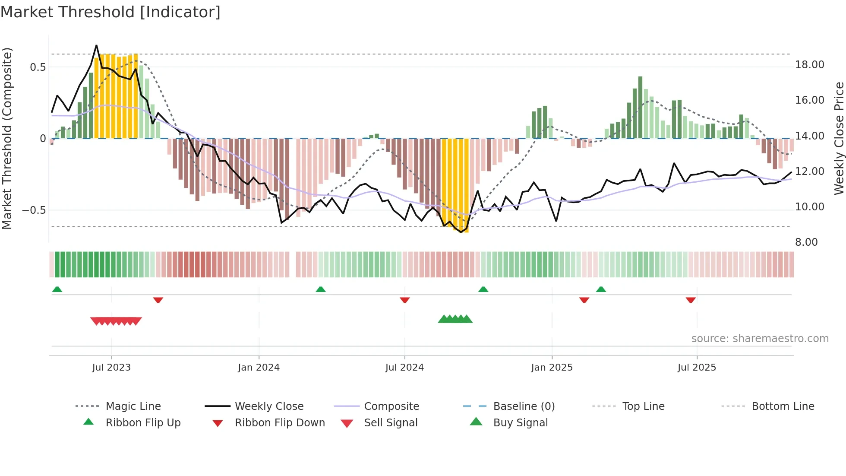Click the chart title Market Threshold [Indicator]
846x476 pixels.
point(110,12)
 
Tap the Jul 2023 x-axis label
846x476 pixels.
point(111,368)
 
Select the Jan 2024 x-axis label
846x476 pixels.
point(259,368)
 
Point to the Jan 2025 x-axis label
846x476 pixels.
point(552,368)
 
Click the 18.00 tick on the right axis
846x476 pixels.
point(809,65)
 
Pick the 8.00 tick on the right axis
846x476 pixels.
point(806,242)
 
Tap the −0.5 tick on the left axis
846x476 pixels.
point(34,210)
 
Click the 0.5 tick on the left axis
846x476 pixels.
point(38,67)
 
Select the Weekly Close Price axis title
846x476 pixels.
point(839,138)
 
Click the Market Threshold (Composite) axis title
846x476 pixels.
point(7,138)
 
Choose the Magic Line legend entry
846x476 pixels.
point(133,406)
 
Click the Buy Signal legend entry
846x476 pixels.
point(520,423)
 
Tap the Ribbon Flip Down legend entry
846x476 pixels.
point(279,423)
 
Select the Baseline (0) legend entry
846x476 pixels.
point(524,406)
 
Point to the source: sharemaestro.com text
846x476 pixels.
point(760,339)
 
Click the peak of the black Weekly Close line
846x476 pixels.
point(96,45)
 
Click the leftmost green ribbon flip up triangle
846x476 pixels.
point(57,289)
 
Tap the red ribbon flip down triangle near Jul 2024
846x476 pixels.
point(404,300)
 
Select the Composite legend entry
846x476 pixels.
point(391,406)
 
